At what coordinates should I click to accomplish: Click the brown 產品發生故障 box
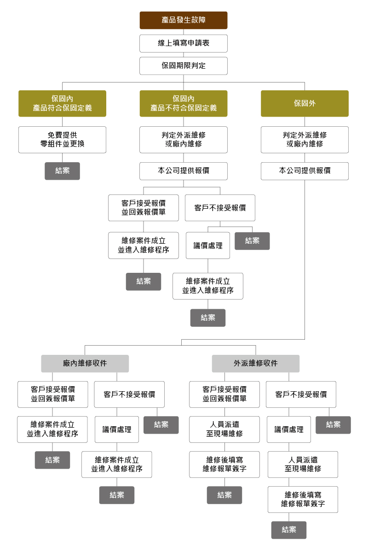point(184,20)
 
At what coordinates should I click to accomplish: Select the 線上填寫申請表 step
point(184,43)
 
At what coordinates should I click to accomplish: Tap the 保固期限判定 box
point(184,66)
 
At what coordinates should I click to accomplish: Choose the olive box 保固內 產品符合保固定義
point(62,103)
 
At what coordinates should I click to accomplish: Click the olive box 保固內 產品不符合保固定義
point(184,103)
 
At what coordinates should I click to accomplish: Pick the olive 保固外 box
point(305,103)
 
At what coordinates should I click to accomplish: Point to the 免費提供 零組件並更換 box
point(62,140)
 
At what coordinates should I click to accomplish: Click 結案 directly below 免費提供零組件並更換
point(62,171)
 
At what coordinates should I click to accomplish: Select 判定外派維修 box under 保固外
point(305,140)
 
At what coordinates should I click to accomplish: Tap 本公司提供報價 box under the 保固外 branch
point(305,171)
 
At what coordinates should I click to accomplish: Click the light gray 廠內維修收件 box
point(85,363)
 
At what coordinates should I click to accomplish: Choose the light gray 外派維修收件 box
point(255,363)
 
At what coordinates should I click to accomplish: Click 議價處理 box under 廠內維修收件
point(116,429)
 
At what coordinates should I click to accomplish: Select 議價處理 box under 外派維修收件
point(289,429)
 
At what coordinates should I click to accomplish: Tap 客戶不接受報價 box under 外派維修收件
point(301,394)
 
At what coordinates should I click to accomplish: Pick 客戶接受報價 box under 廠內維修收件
point(53,394)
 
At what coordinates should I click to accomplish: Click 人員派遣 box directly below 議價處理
point(303,465)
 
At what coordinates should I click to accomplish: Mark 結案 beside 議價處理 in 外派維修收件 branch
point(333,425)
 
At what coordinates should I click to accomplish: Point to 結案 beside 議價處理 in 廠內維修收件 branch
point(161,425)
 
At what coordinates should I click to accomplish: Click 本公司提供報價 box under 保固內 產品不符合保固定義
point(184,171)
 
